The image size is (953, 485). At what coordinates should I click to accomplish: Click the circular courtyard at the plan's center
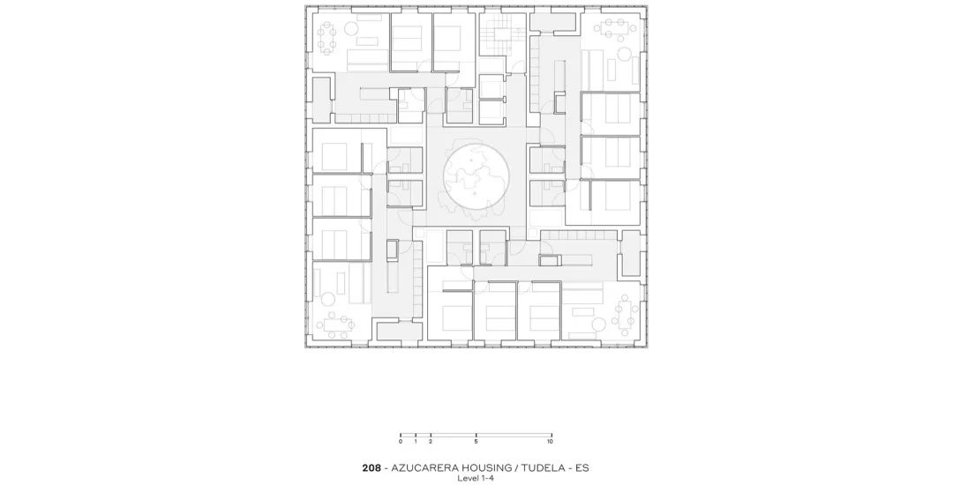(476, 178)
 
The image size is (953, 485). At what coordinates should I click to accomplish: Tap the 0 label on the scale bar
(401, 441)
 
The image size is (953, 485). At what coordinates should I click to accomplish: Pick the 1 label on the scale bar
(416, 441)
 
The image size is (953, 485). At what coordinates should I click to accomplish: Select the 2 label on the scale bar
(431, 441)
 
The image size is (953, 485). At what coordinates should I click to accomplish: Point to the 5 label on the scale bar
(476, 441)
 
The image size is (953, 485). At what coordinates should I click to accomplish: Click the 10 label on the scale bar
(551, 441)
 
